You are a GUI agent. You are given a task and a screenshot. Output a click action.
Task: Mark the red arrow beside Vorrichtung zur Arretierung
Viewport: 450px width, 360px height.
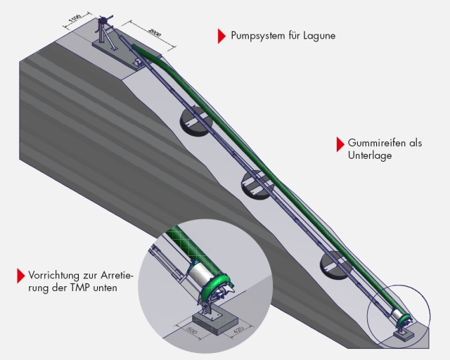coord(20,276)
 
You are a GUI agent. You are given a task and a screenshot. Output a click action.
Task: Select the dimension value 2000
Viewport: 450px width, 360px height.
coord(156,33)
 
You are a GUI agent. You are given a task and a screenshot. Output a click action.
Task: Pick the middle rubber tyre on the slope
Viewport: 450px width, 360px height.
coord(256,183)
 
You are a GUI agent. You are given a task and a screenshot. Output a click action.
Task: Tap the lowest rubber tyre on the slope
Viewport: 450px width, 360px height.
coord(335,263)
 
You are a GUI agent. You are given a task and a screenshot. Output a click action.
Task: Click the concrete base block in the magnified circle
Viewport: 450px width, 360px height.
coord(212,317)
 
